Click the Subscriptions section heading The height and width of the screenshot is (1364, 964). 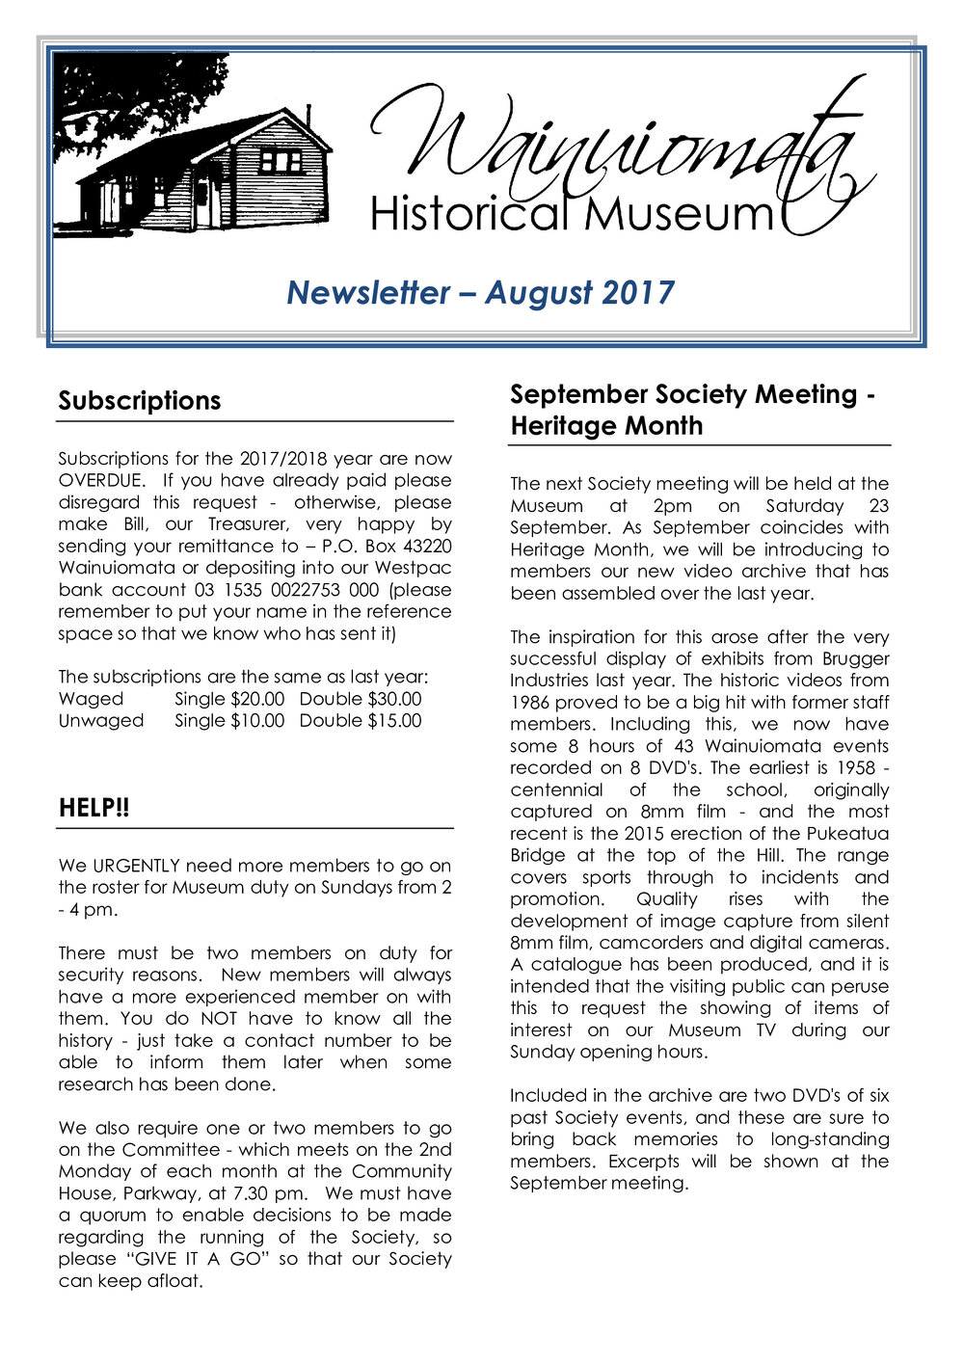pyautogui.click(x=139, y=401)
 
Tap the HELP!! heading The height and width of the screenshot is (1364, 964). pyautogui.click(x=94, y=809)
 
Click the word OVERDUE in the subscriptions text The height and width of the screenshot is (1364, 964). pyautogui.click(x=101, y=480)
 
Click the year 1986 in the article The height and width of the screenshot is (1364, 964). pyautogui.click(x=530, y=703)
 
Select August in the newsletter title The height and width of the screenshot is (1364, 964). pyautogui.click(x=540, y=292)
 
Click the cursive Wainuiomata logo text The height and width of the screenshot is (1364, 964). pyautogui.click(x=617, y=145)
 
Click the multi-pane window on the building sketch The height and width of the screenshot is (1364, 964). pyautogui.click(x=281, y=160)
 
